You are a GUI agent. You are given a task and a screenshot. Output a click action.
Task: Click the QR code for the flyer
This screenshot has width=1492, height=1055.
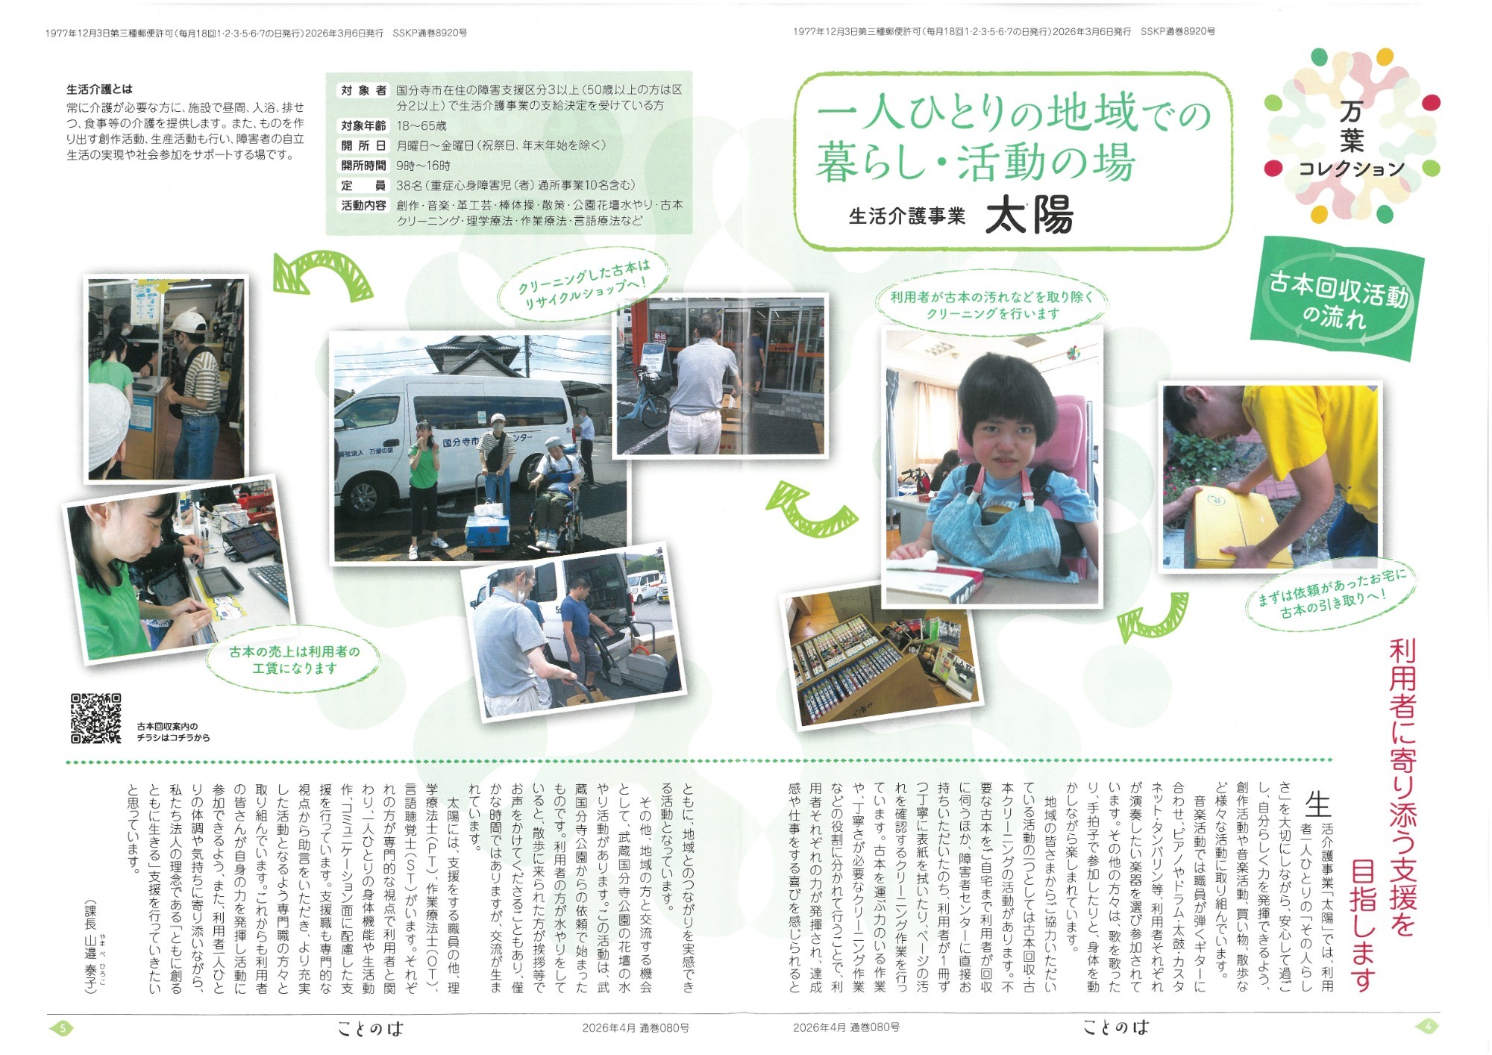click(95, 719)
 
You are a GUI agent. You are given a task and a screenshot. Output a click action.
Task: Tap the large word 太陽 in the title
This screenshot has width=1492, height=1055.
click(1029, 216)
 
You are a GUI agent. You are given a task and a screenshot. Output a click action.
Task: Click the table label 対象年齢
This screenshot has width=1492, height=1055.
click(363, 125)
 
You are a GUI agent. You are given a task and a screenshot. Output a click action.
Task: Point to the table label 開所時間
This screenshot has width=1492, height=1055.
click(363, 165)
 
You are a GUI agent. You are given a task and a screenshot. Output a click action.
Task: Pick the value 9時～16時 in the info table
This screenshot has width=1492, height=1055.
click(423, 165)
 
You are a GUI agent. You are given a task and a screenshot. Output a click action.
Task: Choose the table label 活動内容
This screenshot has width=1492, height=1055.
click(363, 205)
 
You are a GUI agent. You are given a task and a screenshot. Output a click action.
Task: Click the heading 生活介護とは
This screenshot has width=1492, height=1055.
click(99, 90)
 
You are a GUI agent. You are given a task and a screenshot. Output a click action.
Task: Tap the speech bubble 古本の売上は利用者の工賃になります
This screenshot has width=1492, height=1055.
click(294, 660)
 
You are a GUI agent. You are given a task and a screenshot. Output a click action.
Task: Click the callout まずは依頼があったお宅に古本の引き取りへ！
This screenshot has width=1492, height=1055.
click(1332, 595)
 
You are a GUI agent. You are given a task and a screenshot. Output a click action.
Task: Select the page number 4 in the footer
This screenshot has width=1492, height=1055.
click(1428, 1027)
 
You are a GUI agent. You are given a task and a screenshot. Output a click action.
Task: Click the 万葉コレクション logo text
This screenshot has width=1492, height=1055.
click(1351, 140)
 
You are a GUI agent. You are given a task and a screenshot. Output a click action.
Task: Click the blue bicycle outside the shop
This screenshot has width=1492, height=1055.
click(645, 403)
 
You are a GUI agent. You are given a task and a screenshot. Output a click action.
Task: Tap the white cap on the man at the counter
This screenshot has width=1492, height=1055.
click(188, 323)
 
